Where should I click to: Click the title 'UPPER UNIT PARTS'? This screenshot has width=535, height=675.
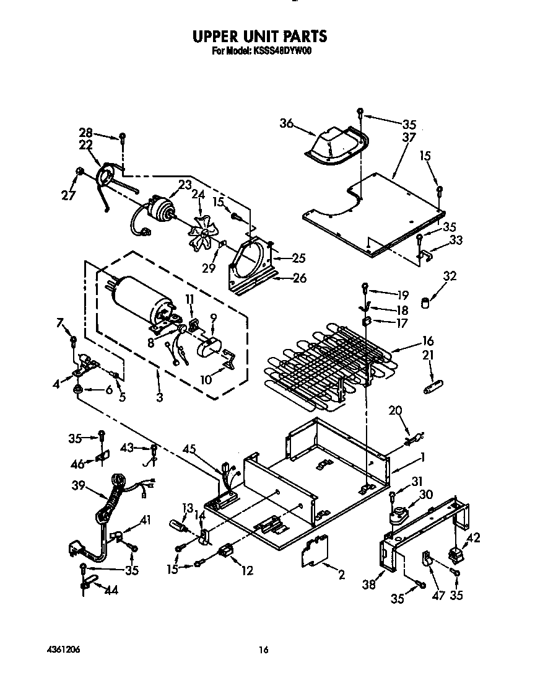(259, 37)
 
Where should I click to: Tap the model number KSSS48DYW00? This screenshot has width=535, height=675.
(281, 53)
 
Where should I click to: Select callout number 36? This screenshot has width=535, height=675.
(286, 123)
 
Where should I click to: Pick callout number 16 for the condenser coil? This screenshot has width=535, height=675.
(428, 341)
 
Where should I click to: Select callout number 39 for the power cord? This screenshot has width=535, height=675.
(79, 486)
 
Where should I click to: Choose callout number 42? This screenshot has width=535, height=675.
(474, 538)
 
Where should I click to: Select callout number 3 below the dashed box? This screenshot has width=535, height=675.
(160, 398)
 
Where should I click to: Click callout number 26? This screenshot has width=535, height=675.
(299, 278)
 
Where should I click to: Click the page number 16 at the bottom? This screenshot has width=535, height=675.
(264, 650)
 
